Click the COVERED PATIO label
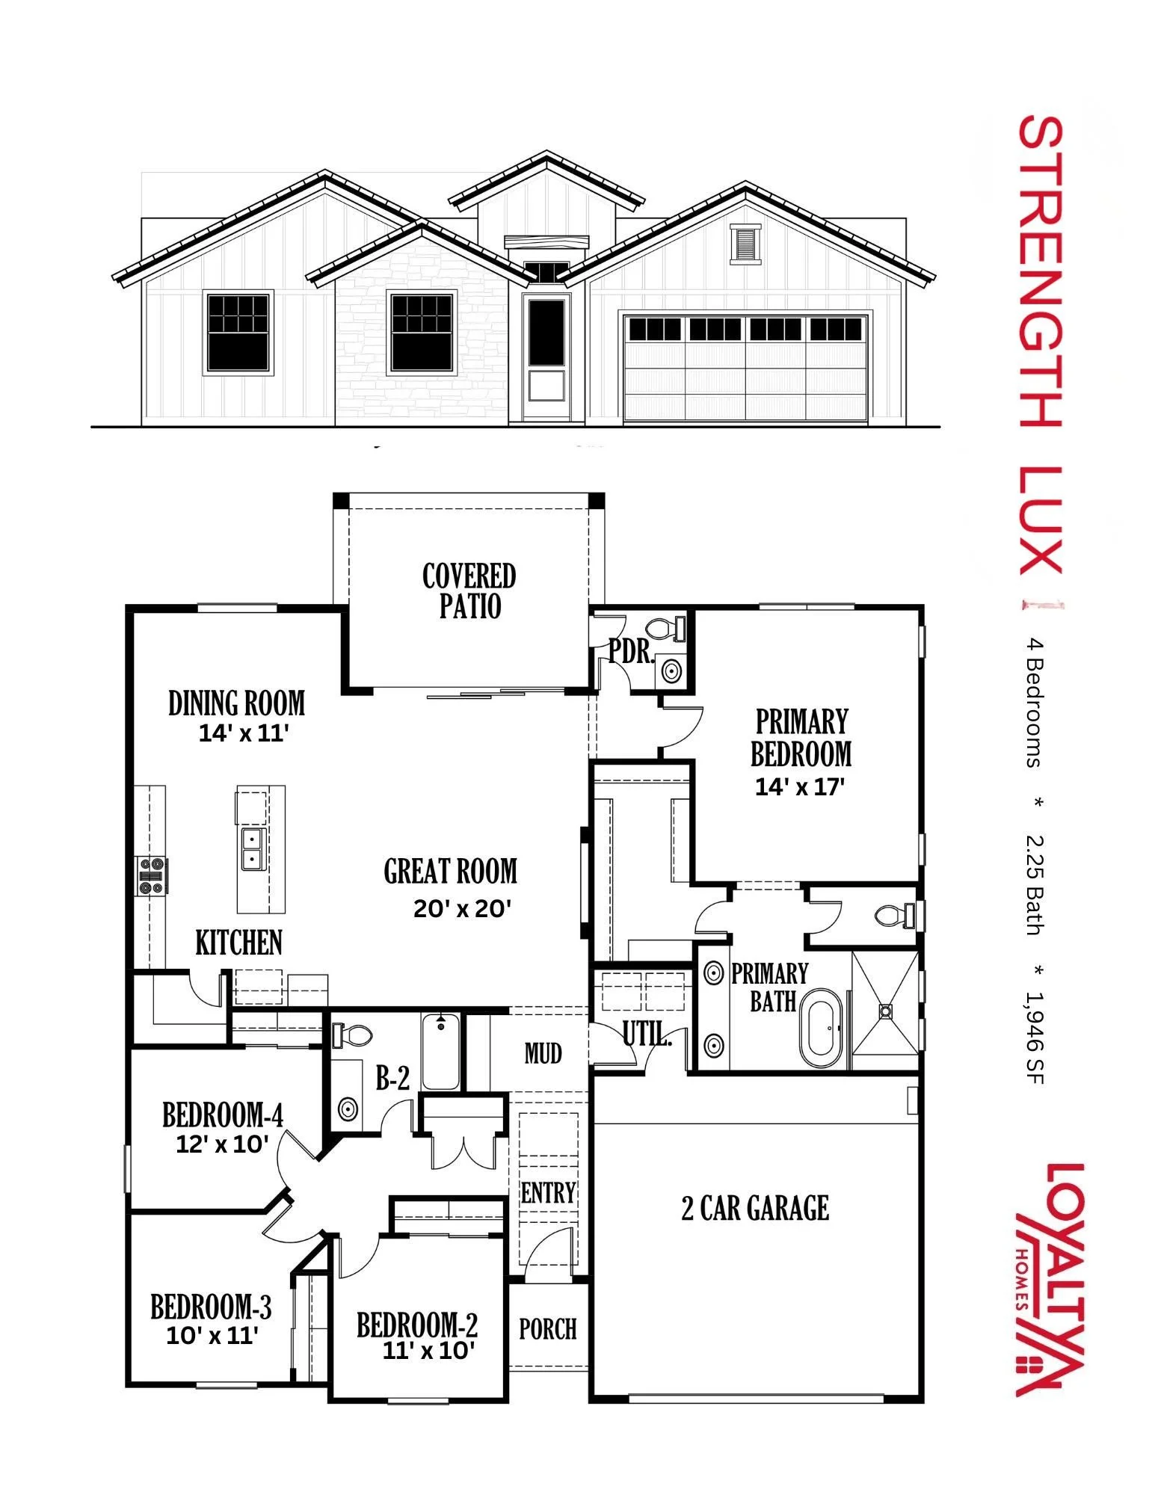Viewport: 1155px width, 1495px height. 469,591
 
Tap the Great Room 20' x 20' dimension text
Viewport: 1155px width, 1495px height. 462,909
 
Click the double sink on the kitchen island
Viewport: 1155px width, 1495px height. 252,848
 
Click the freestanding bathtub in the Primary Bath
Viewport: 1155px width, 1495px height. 820,1027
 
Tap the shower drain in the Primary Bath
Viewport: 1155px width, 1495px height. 885,1011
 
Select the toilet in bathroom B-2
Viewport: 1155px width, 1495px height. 353,1035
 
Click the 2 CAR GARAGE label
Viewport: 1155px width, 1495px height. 755,1208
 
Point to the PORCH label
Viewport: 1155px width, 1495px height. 548,1329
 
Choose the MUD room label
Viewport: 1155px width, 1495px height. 543,1054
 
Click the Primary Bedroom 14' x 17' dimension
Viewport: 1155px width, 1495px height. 800,787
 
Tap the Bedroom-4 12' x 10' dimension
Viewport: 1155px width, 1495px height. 222,1144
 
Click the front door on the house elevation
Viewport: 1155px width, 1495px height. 546,357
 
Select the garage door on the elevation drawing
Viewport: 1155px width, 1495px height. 746,368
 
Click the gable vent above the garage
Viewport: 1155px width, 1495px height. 745,244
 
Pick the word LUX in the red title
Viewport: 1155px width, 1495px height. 1041,520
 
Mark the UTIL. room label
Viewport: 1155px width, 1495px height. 647,1035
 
